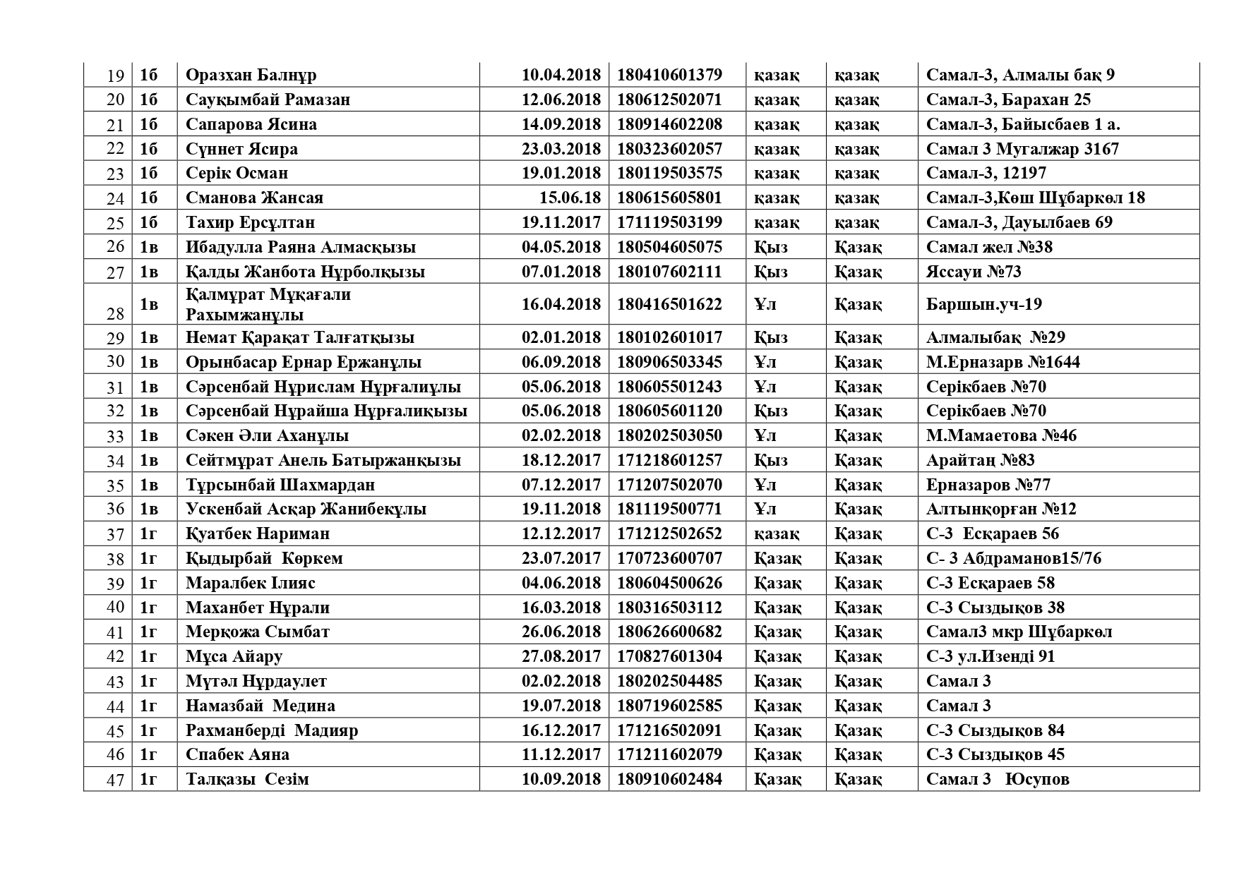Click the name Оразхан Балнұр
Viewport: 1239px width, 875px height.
click(251, 75)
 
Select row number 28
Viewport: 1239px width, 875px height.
click(115, 313)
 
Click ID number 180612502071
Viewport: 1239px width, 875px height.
click(669, 99)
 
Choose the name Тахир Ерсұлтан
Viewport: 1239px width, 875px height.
click(250, 222)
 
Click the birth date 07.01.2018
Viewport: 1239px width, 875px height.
click(561, 272)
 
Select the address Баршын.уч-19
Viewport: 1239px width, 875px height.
click(983, 304)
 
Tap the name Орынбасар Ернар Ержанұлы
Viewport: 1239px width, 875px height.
click(304, 362)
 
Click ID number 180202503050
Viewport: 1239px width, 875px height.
click(669, 435)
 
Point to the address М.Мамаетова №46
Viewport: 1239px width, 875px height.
click(1001, 435)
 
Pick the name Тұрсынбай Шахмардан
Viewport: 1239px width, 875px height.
click(280, 485)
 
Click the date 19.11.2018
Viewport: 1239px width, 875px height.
click(561, 509)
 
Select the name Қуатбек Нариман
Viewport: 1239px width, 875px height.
click(258, 533)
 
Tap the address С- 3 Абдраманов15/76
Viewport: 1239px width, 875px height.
click(1013, 558)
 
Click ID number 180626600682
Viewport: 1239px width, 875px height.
click(669, 632)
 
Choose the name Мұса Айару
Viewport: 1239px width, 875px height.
click(234, 656)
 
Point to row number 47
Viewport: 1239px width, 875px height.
click(115, 780)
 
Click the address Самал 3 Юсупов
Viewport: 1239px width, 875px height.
click(997, 779)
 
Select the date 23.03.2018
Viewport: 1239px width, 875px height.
click(561, 149)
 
